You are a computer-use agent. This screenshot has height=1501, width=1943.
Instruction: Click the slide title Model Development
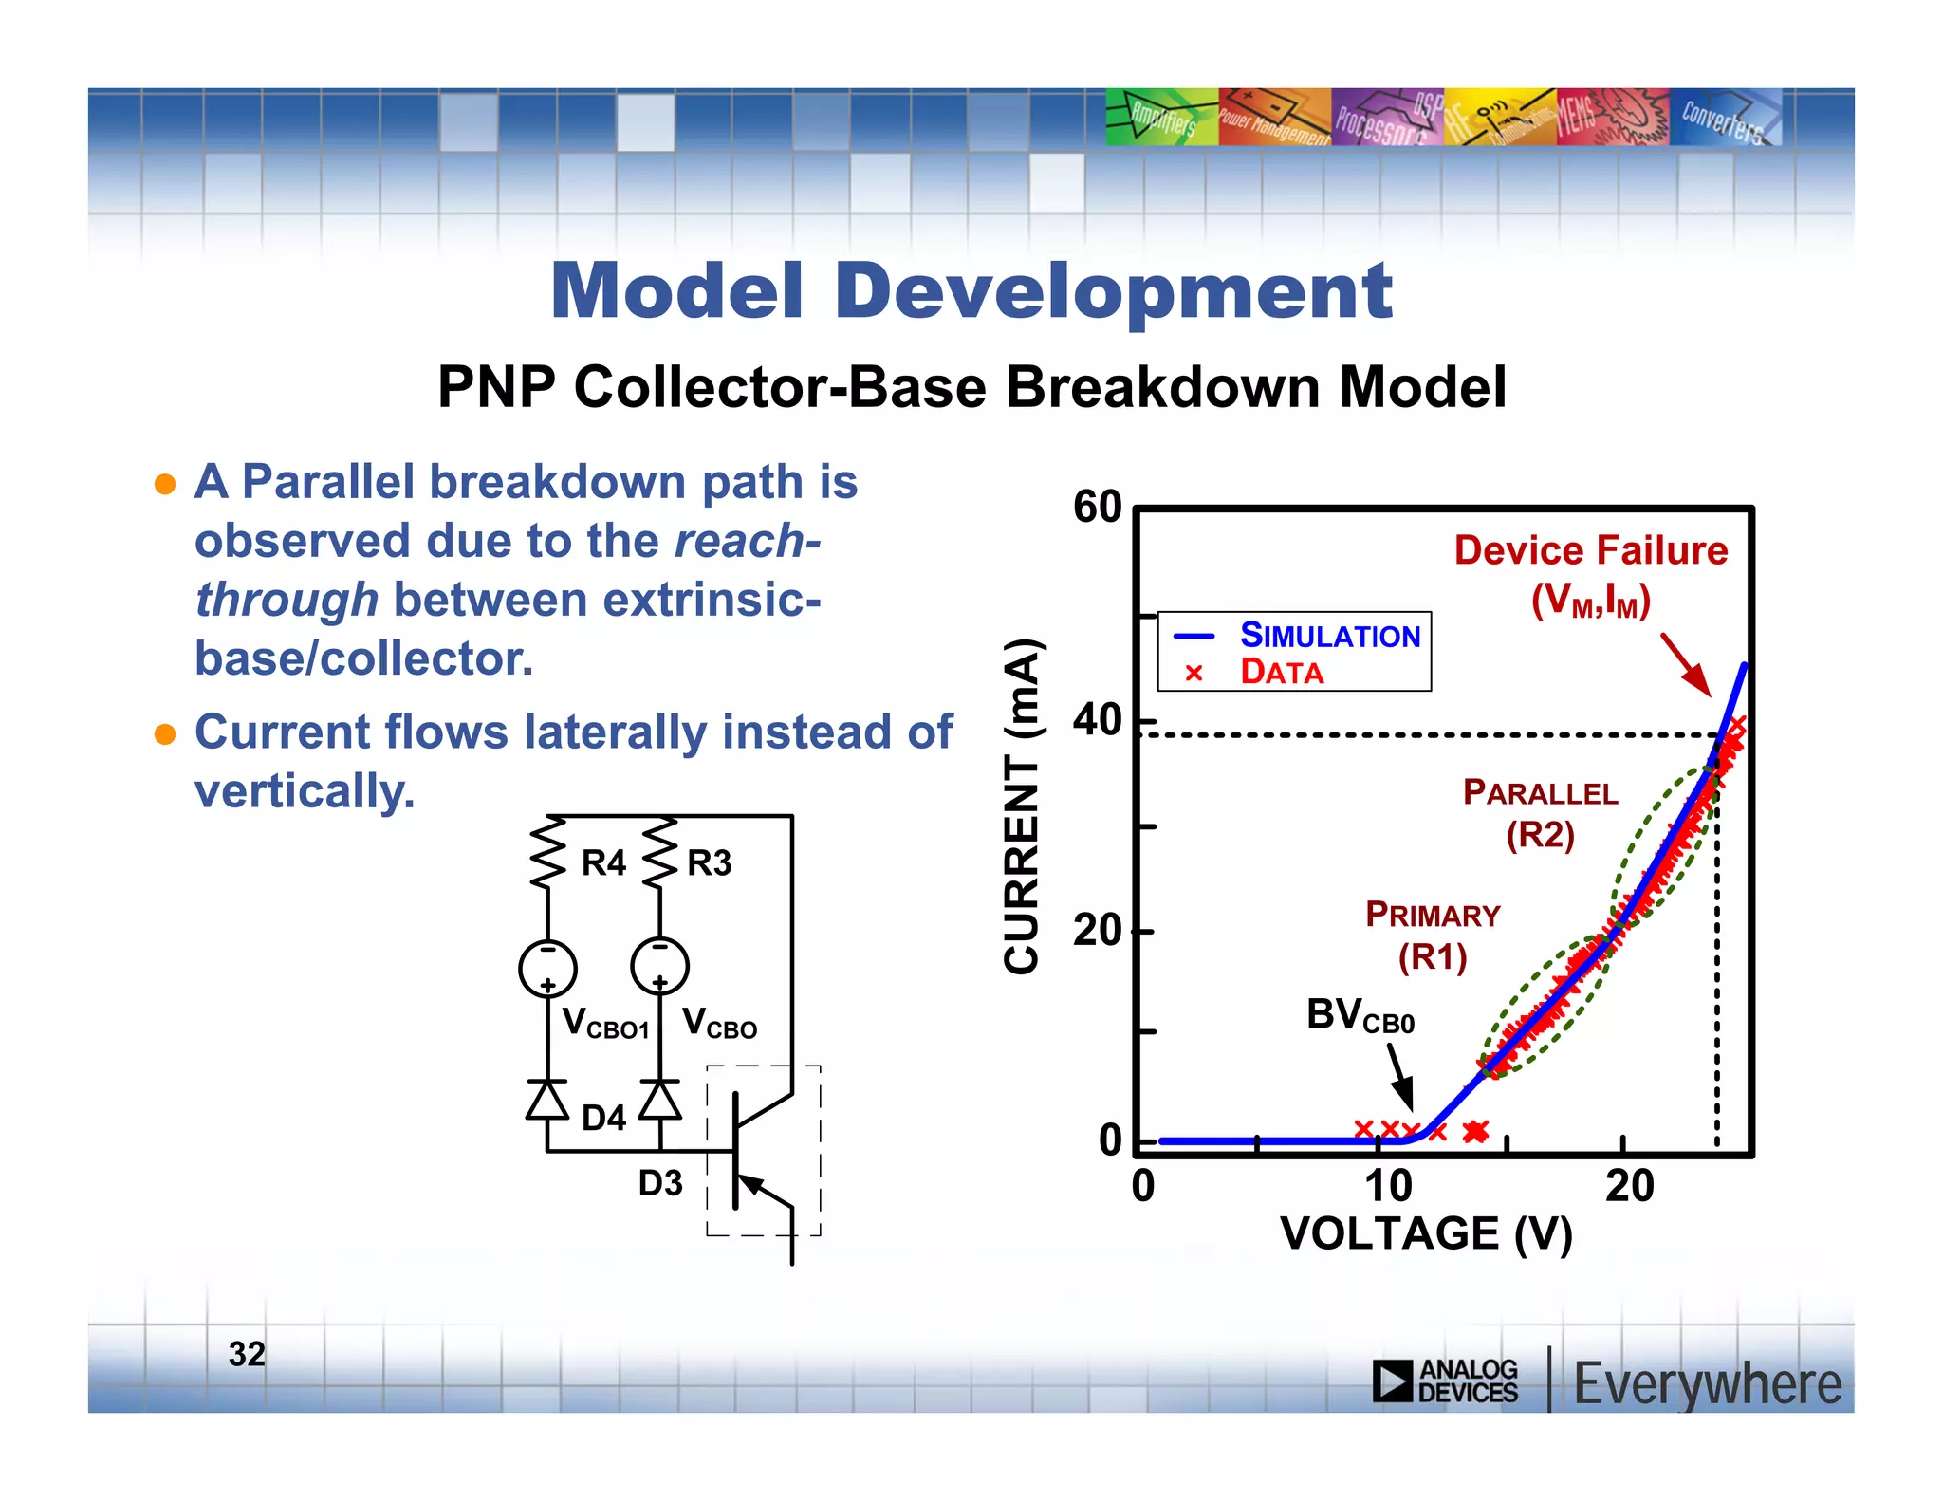click(971, 291)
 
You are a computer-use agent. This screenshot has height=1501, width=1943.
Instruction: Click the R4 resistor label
click(603, 863)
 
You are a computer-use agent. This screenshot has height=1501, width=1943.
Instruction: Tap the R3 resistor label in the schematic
click(709, 863)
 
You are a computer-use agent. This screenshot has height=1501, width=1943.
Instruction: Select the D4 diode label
click(603, 1119)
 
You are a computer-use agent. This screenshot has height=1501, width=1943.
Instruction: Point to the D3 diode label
click(660, 1184)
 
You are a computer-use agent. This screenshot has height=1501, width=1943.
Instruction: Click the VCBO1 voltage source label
click(604, 1025)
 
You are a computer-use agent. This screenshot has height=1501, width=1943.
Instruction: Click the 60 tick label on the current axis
click(1098, 508)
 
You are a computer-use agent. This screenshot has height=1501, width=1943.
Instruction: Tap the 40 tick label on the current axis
click(1098, 721)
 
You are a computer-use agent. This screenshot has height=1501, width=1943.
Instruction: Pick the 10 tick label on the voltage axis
click(1388, 1187)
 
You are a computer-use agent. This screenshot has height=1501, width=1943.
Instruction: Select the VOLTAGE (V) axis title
click(1426, 1234)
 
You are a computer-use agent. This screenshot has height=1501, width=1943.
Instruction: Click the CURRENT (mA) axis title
click(1023, 806)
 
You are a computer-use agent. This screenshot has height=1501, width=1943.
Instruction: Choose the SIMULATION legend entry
click(1329, 636)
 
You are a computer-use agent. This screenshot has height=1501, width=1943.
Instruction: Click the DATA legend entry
click(1281, 673)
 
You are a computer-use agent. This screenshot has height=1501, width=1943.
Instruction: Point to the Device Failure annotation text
click(1591, 551)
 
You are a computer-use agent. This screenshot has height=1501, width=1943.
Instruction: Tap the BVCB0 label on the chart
click(1360, 1016)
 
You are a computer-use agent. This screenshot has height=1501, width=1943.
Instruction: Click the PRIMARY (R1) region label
click(1433, 936)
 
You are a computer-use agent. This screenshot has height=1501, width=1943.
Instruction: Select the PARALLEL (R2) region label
click(1540, 813)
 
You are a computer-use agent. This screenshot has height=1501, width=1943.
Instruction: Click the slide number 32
click(247, 1354)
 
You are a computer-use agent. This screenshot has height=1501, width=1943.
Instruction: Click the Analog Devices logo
click(1445, 1381)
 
